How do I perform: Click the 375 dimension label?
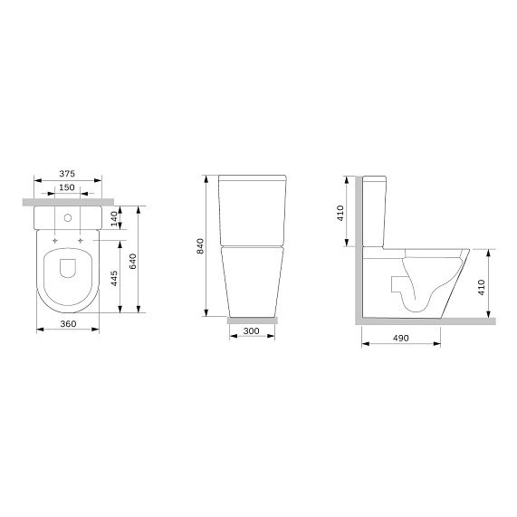click(67, 174)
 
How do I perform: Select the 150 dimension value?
click(67, 187)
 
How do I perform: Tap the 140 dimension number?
click(114, 219)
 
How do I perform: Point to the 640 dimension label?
click(132, 261)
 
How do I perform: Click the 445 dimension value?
click(114, 278)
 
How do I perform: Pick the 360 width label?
click(68, 324)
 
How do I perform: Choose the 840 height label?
click(200, 246)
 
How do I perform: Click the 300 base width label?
click(251, 331)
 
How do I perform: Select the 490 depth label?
click(401, 339)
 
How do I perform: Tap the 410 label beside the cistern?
click(340, 213)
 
